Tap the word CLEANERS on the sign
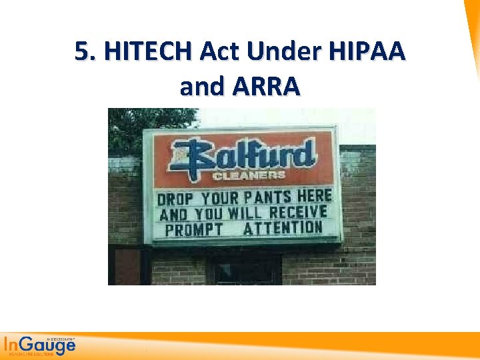pyautogui.click(x=249, y=176)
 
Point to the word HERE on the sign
pyautogui.click(x=315, y=196)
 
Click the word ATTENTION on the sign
pyautogui.click(x=283, y=229)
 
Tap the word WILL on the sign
pyautogui.click(x=247, y=213)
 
